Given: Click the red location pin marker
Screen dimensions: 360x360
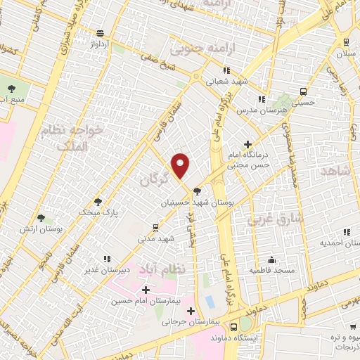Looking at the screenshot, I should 181,165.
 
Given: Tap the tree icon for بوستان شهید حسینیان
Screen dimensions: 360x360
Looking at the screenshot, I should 198,191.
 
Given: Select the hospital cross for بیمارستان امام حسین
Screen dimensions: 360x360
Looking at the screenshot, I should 146,290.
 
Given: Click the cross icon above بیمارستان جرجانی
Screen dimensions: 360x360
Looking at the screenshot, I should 191,311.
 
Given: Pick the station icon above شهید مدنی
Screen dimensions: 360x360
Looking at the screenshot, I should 156,228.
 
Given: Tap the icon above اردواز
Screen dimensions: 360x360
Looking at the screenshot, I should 101,32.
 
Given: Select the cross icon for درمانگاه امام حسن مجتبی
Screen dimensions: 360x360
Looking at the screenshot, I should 247,144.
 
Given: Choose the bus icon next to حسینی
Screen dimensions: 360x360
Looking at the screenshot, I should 304,91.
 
